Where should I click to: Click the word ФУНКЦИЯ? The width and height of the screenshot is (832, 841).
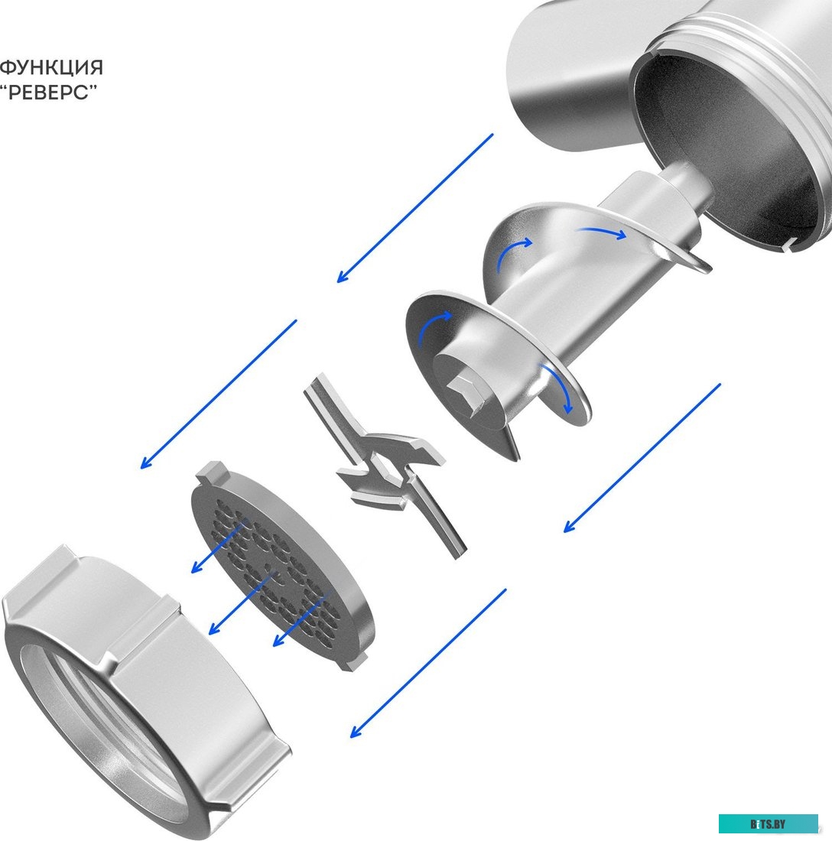(51, 67)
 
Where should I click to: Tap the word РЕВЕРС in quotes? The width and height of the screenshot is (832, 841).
(49, 93)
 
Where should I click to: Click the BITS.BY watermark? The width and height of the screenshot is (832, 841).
(769, 824)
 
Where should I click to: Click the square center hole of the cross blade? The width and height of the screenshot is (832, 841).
(385, 466)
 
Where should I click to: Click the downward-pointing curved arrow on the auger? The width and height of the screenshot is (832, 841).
(558, 388)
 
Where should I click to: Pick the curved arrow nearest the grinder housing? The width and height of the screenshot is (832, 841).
(601, 232)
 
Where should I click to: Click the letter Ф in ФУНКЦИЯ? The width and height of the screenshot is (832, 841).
(8, 67)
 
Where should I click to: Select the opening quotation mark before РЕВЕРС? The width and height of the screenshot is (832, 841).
(3, 87)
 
